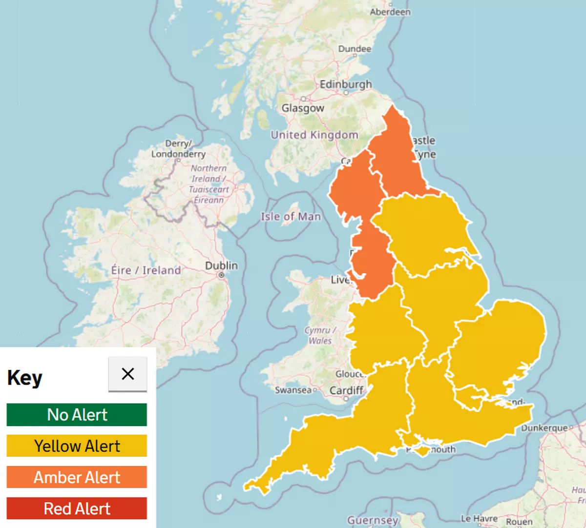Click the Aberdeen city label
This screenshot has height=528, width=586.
(390, 12)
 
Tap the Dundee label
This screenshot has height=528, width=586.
(355, 49)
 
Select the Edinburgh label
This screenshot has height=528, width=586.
(346, 84)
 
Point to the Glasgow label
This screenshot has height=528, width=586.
(303, 108)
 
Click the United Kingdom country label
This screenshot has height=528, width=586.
(314, 135)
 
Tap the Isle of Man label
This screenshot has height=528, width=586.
(291, 216)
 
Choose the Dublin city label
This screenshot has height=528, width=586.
(221, 265)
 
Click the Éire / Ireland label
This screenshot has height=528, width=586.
(146, 270)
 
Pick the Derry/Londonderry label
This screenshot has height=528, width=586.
(178, 149)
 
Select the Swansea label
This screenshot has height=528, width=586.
(293, 390)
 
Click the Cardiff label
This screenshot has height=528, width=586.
(346, 390)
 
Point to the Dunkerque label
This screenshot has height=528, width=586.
(544, 428)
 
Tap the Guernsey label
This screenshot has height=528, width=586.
(373, 520)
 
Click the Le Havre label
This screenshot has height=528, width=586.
(479, 519)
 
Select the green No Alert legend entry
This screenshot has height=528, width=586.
(77, 415)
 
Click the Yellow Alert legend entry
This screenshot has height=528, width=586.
(77, 446)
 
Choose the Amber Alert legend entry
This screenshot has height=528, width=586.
(77, 477)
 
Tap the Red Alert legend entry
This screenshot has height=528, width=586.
(77, 508)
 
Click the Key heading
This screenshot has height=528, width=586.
(25, 378)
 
